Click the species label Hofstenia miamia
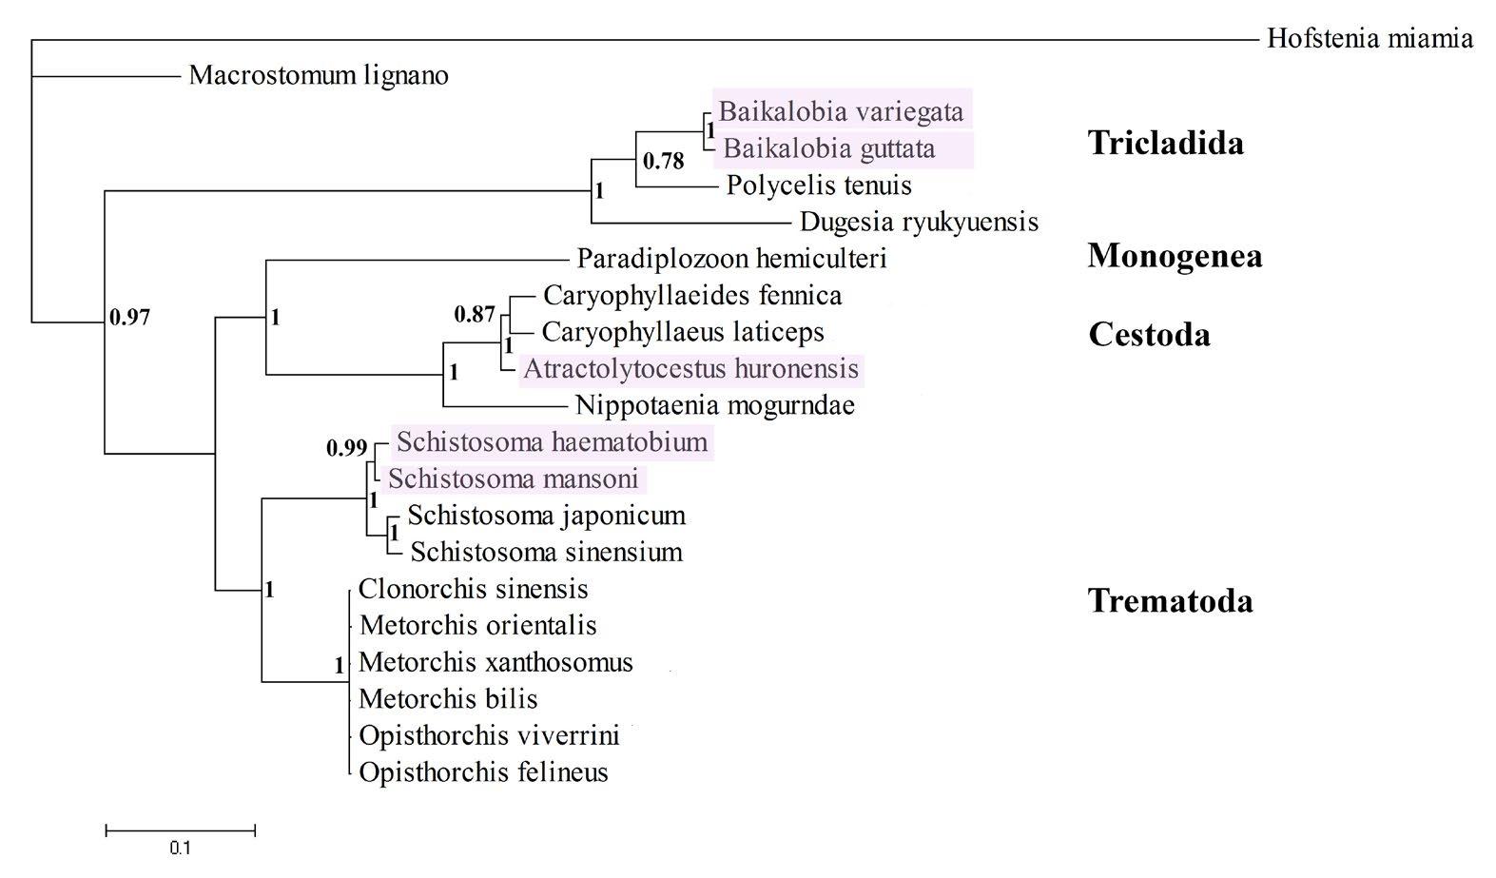pos(1370,39)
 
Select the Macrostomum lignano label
pos(319,75)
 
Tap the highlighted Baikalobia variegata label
pos(841,111)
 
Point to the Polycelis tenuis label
pos(819,185)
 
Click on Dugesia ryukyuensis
pos(919,222)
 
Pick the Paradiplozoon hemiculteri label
pos(731,258)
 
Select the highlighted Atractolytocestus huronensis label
pos(690,368)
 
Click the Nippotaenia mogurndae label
pos(715,405)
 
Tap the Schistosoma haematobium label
pos(552,441)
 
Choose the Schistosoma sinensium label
pos(546,552)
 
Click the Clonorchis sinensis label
pos(473,589)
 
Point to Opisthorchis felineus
pos(483,771)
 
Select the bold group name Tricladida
pos(1166,143)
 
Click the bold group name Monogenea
pos(1175,255)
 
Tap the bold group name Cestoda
pos(1149,334)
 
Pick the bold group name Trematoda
pos(1170,600)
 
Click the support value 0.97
pos(129,318)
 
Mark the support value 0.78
pos(663,162)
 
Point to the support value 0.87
pos(475,314)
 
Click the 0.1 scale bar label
pos(180,848)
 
